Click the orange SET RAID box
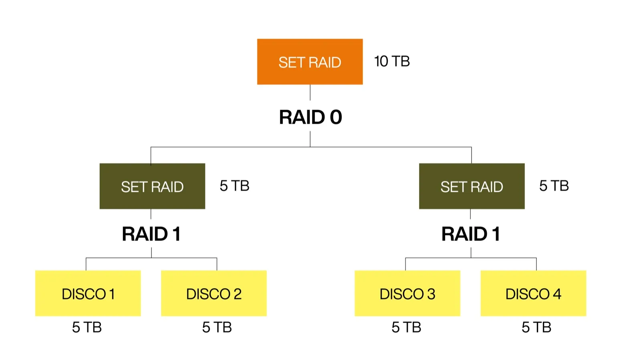click(x=310, y=62)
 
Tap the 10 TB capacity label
click(x=392, y=61)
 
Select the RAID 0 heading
click(x=310, y=117)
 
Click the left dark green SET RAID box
click(x=152, y=186)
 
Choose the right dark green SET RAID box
click(x=472, y=186)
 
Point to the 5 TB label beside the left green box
click(x=234, y=186)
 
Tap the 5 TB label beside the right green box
click(x=554, y=186)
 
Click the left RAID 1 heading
click(x=151, y=234)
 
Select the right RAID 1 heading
click(x=470, y=234)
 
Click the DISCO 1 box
click(x=88, y=294)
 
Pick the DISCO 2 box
click(x=214, y=294)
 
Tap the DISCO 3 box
click(x=407, y=294)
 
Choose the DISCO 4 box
click(x=533, y=294)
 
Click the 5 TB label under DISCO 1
click(x=87, y=327)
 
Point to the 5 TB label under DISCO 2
click(x=217, y=327)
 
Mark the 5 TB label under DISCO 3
click(x=406, y=327)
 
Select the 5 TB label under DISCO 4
click(x=536, y=327)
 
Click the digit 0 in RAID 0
click(x=336, y=117)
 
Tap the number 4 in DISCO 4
click(x=557, y=294)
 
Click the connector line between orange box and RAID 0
click(x=310, y=93)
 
